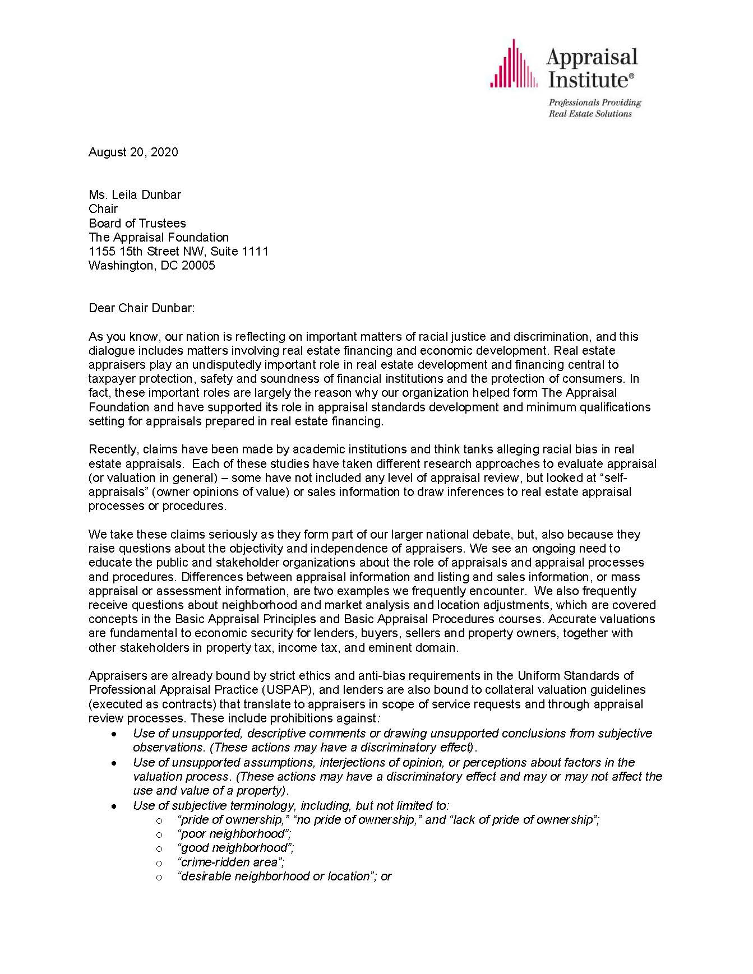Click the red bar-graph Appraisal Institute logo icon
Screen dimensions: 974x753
tap(514, 64)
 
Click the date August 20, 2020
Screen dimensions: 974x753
tap(133, 152)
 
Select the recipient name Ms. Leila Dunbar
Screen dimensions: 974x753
tap(135, 195)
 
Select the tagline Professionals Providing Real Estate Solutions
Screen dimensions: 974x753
tap(594, 108)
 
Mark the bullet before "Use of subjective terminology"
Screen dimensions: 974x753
tap(115, 806)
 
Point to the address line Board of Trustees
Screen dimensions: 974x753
tap(137, 223)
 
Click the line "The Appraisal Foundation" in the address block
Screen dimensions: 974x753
tap(159, 238)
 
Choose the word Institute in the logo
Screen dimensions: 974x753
tap(589, 80)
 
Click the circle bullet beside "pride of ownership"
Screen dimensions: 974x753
tap(159, 820)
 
